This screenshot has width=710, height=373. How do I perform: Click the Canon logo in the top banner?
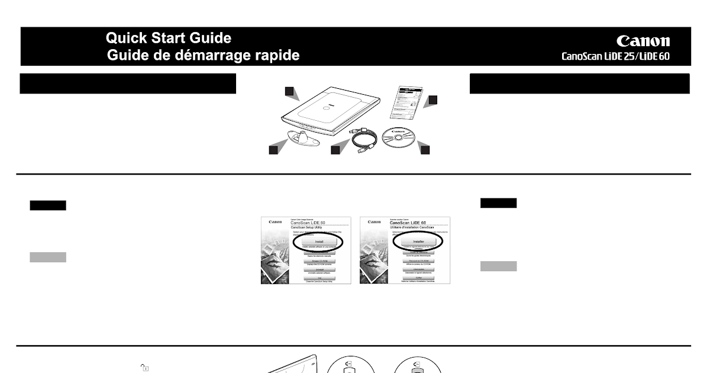click(643, 41)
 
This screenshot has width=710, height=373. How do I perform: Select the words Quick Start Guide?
click(169, 38)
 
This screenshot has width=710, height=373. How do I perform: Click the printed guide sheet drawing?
click(408, 101)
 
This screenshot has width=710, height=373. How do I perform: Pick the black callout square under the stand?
click(273, 150)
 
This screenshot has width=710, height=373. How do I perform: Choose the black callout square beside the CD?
click(425, 150)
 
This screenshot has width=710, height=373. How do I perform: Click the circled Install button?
click(318, 242)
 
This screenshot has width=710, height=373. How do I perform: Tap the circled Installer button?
click(417, 242)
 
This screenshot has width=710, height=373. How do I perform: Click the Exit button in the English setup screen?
click(318, 278)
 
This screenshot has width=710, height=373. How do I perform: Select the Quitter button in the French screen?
click(417, 278)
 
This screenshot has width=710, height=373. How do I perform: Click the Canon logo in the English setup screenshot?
click(275, 222)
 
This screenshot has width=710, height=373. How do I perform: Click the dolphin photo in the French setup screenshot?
click(374, 261)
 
